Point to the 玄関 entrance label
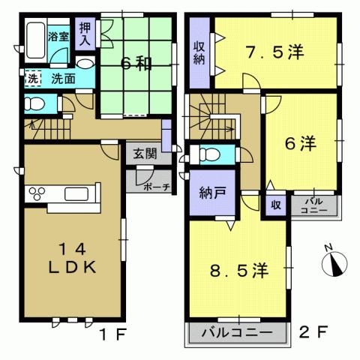click(145, 155)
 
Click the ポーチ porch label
click(156, 185)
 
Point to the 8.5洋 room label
click(238, 268)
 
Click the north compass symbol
click(334, 263)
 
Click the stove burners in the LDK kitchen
click(37, 194)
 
